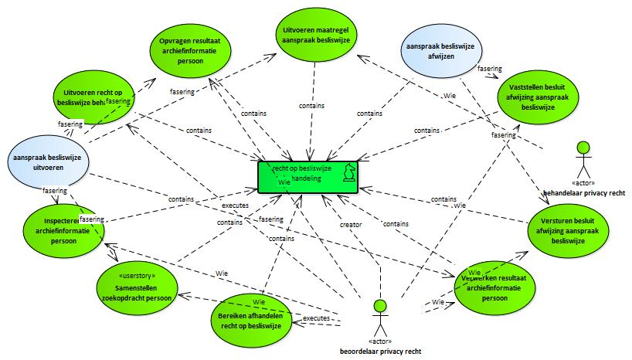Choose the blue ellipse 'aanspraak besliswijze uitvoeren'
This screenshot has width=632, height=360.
click(46, 165)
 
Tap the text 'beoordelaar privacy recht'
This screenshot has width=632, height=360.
click(380, 352)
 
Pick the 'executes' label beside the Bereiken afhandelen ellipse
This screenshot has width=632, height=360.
click(317, 318)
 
